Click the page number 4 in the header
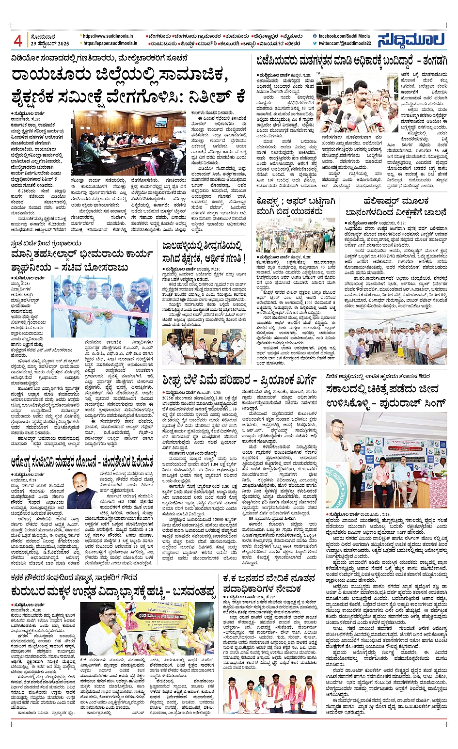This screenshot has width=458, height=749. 18,41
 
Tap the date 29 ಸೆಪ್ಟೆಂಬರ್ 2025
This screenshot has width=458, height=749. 50,44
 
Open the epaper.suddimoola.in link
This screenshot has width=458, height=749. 110,43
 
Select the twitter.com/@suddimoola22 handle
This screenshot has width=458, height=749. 345,43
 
